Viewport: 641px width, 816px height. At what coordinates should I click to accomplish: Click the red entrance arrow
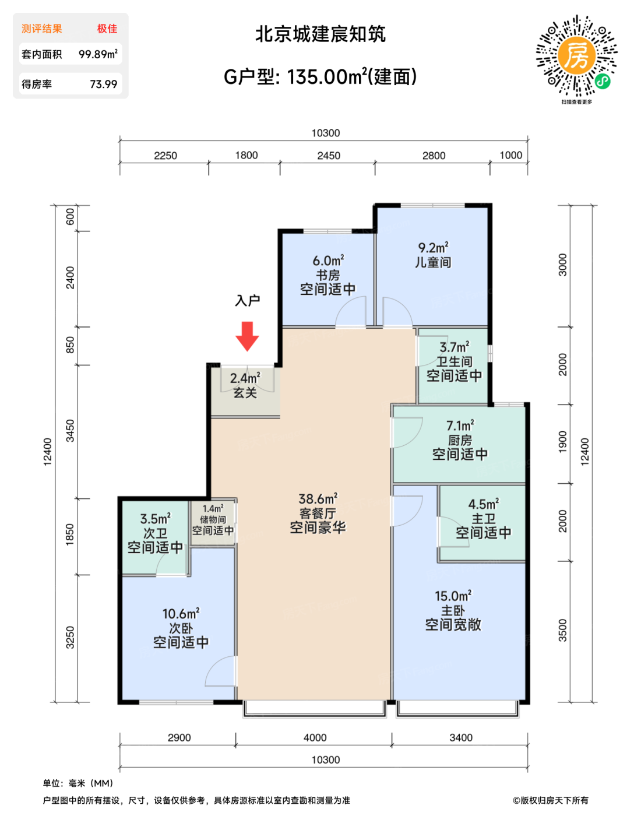point(247,336)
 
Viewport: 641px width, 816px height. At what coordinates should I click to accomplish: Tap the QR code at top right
point(576,56)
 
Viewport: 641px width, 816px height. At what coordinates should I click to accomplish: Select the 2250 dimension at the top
point(165,156)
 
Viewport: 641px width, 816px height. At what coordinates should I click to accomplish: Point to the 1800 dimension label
point(246,155)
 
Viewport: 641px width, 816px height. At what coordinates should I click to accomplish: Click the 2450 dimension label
point(329,156)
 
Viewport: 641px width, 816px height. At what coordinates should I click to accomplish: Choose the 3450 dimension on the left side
point(70,430)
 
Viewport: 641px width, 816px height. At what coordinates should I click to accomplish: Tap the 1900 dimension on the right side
point(562,442)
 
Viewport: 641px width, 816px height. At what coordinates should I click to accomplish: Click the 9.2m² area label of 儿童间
point(433,248)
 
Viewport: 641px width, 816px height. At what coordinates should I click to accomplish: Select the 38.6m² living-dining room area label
point(318,499)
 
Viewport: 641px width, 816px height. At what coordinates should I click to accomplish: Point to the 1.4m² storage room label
point(213,509)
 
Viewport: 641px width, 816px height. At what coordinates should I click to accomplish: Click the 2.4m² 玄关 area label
point(245,378)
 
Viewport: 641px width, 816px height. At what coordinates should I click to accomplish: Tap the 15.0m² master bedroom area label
point(453,596)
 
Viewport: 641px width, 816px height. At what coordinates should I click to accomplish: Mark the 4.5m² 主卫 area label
point(484,504)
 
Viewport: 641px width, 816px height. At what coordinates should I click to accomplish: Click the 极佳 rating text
point(107,29)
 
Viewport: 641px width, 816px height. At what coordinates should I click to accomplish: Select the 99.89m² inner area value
point(98,54)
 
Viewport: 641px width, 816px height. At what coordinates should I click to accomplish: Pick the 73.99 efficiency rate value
point(104,84)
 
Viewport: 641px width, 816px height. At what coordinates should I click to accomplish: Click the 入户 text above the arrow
point(247,300)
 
